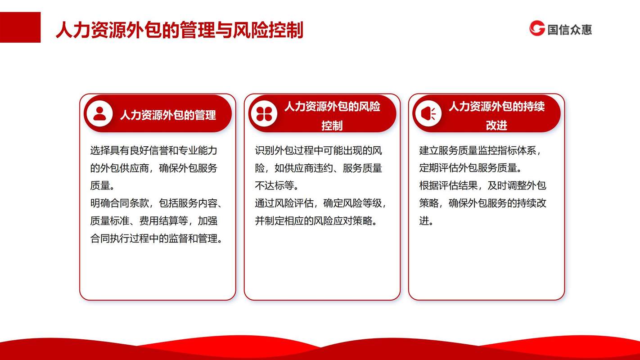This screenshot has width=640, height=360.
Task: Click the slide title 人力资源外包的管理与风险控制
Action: click(x=180, y=30)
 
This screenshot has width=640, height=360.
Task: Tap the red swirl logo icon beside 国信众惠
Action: click(x=537, y=28)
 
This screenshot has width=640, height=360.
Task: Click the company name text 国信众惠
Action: click(x=569, y=29)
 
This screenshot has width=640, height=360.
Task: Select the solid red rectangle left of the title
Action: click(x=20, y=27)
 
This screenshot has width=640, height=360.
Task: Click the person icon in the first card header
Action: click(x=99, y=114)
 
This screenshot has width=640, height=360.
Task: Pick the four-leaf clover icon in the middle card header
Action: click(x=264, y=114)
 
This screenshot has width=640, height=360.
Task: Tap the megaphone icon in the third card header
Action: click(x=428, y=114)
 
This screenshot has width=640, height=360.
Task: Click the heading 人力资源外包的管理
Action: click(x=168, y=115)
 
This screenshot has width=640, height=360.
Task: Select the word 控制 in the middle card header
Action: click(x=332, y=126)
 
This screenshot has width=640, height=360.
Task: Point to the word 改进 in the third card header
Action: click(x=496, y=125)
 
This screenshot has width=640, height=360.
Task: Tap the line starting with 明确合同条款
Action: click(x=156, y=203)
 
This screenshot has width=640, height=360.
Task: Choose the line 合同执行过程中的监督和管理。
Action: click(x=156, y=238)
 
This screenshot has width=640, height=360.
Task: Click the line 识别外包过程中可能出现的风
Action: click(x=318, y=150)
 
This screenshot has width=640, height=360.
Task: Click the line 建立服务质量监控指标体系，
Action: click(x=480, y=150)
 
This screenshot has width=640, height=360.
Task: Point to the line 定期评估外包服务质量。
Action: click(x=470, y=168)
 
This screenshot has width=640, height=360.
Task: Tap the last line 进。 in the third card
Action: click(x=426, y=220)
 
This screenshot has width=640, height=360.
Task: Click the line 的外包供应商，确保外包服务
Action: click(x=154, y=168)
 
